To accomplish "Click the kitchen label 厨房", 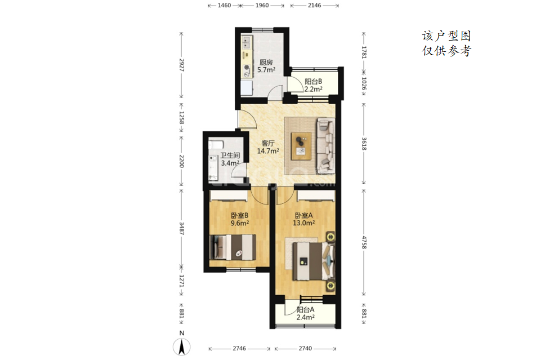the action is [266, 63].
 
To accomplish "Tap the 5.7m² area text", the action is [266, 70].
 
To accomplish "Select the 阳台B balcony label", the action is [314, 82].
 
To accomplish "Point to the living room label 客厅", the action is [268, 143].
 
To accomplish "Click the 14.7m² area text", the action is [268, 151].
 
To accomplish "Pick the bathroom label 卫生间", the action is [230, 155].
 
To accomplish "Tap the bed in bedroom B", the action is [233, 247].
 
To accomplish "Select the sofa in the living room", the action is [325, 146].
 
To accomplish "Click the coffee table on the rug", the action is [301, 146].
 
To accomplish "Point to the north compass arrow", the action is [182, 347].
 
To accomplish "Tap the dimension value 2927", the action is [182, 65].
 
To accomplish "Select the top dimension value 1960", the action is [262, 5].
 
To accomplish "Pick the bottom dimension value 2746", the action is [239, 348].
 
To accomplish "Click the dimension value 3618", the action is [364, 144].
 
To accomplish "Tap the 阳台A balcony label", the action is [305, 310].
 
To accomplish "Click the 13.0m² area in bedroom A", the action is [304, 223].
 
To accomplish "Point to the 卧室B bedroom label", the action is [239, 215].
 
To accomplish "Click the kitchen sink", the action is [247, 43].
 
